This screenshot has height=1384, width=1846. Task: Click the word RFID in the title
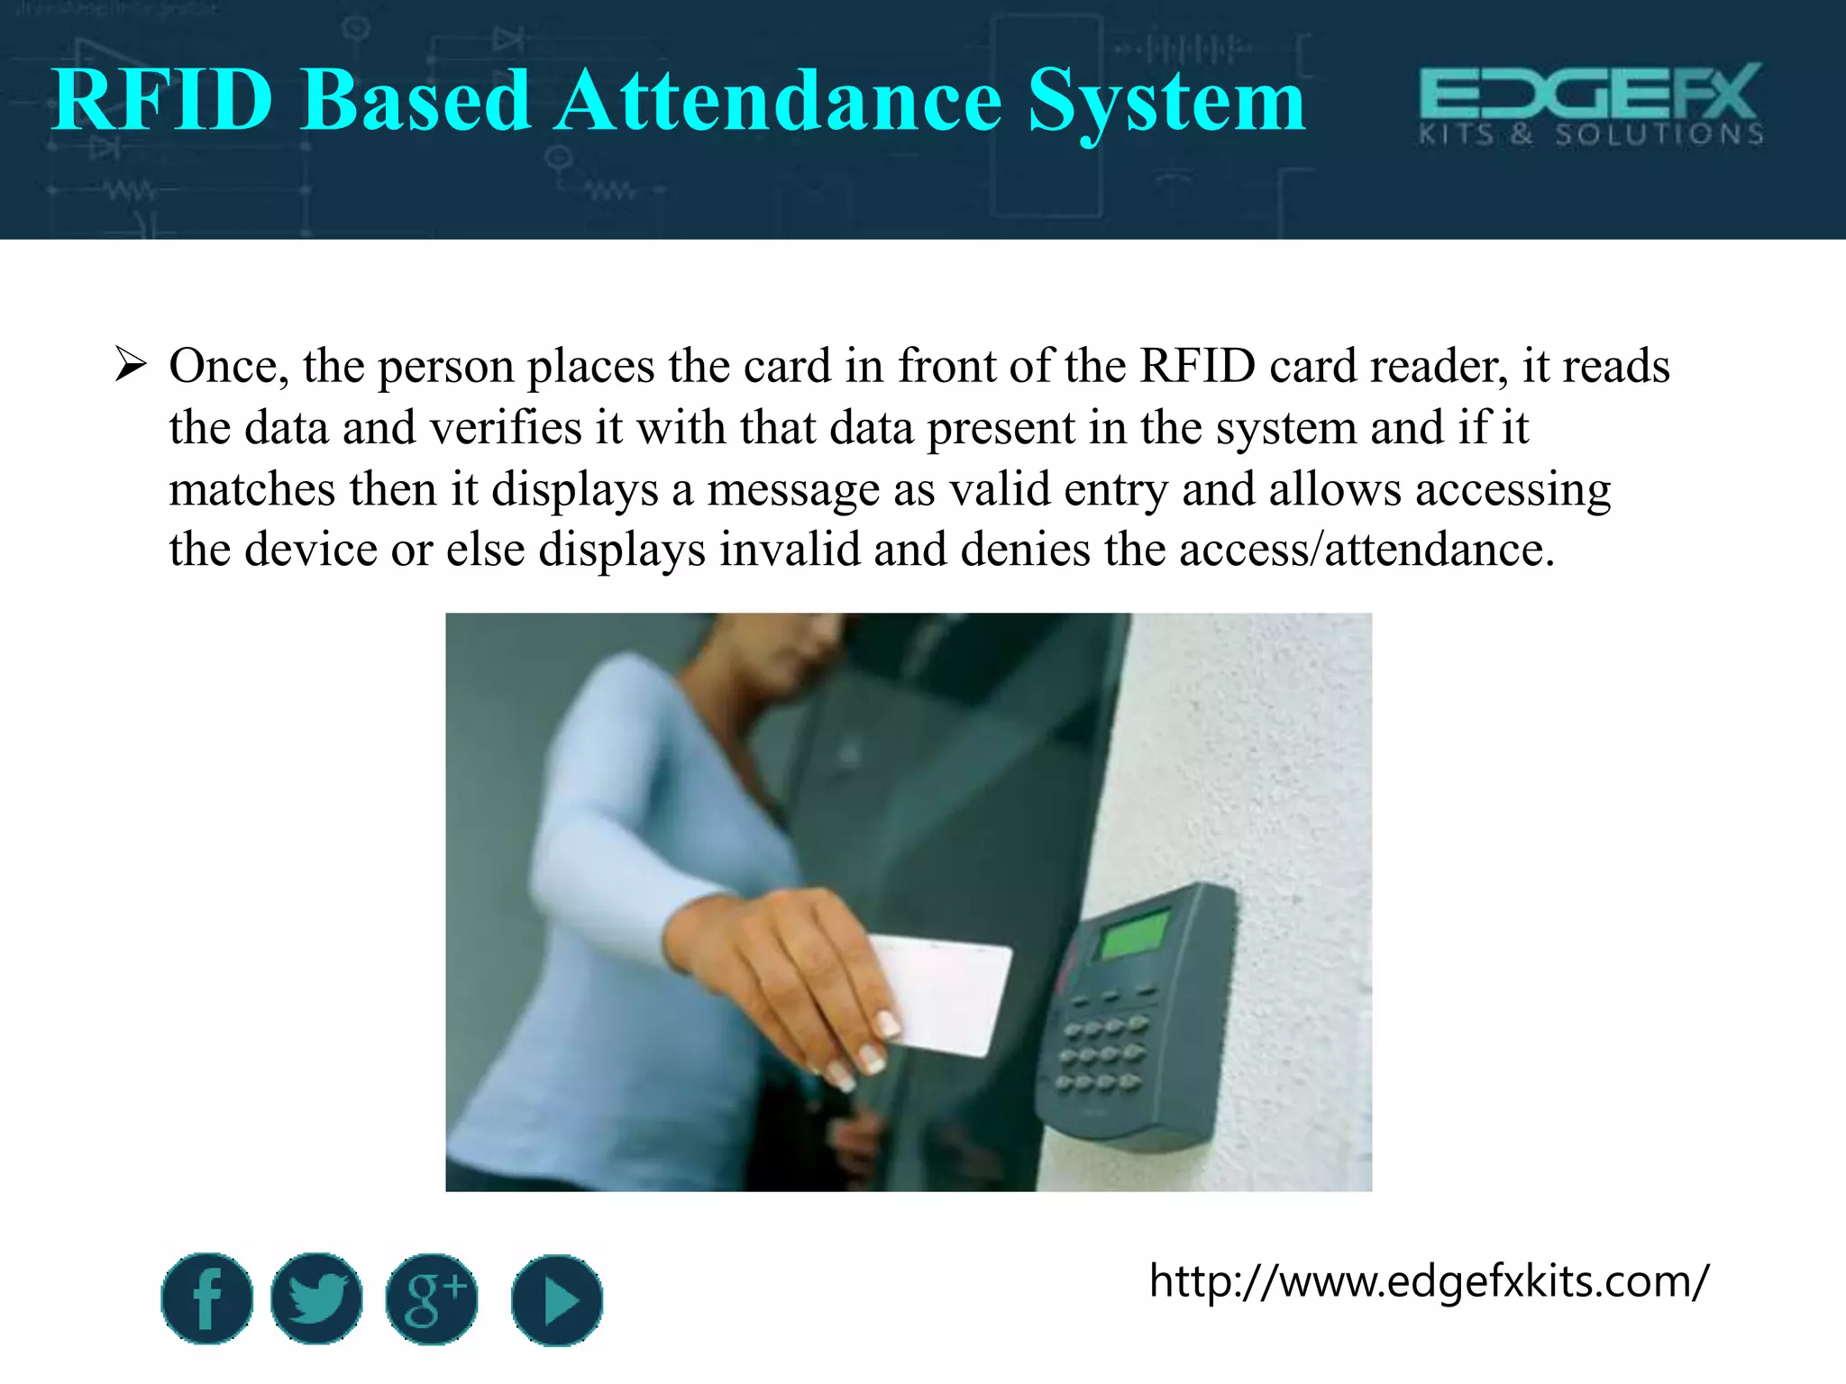pyautogui.click(x=162, y=101)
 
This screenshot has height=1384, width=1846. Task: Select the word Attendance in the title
pyautogui.click(x=778, y=101)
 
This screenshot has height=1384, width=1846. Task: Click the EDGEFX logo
pyautogui.click(x=1591, y=105)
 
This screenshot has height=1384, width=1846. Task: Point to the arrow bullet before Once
pyautogui.click(x=131, y=367)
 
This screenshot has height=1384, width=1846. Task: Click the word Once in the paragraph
pyautogui.click(x=228, y=367)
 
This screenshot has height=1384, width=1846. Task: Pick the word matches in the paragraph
pyautogui.click(x=252, y=489)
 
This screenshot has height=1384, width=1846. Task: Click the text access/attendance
pyautogui.click(x=1366, y=550)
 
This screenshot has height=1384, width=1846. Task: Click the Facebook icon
pyautogui.click(x=206, y=1298)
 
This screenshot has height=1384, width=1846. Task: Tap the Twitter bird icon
pyautogui.click(x=316, y=1298)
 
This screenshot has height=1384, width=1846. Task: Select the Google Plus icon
pyautogui.click(x=432, y=1298)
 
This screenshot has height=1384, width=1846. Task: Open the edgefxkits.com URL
pyautogui.click(x=1428, y=1280)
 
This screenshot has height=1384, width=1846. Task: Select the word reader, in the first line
pyautogui.click(x=1439, y=367)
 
